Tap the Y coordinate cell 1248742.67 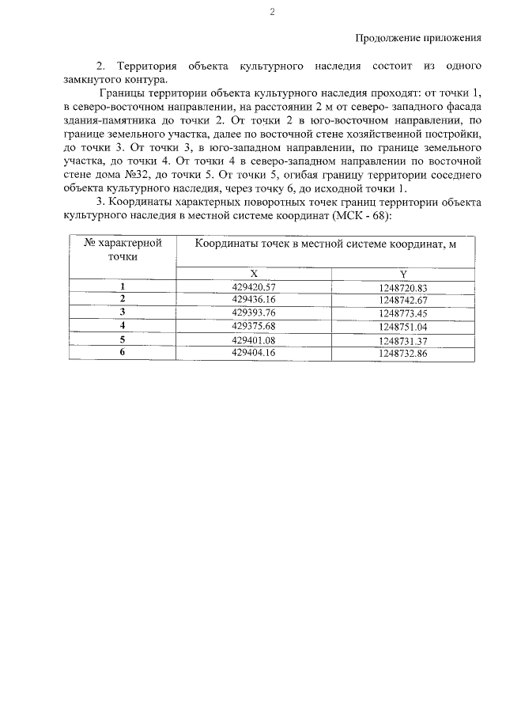pos(402,300)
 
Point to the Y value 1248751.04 pos(402,326)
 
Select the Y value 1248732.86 pos(402,353)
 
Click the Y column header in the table pos(402,273)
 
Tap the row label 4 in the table pos(123,326)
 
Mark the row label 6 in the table pos(123,353)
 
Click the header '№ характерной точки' pos(123,250)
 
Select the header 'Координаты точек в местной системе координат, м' pos(326,244)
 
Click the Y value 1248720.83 pos(402,287)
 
